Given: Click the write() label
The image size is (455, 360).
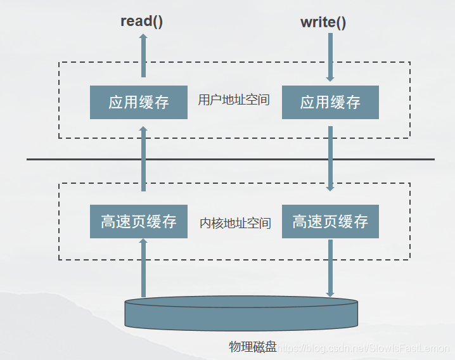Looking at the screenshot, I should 323,22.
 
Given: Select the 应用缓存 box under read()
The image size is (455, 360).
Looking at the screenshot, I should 139,102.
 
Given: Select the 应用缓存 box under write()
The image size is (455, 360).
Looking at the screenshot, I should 330,102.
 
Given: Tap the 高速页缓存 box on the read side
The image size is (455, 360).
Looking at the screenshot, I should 139,221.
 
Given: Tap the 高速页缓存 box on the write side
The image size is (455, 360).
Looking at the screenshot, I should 330,221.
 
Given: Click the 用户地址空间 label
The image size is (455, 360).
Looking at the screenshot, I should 234,100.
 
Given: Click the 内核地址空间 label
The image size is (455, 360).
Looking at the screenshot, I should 235,223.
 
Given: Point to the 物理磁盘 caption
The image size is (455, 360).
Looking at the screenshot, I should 253,346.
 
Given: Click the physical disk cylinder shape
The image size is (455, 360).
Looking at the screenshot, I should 241,313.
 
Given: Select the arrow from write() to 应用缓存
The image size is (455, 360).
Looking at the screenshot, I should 330,57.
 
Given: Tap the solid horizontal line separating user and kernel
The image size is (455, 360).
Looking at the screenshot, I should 230,159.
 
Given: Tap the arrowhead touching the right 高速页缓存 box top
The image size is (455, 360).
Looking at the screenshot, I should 330,188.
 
